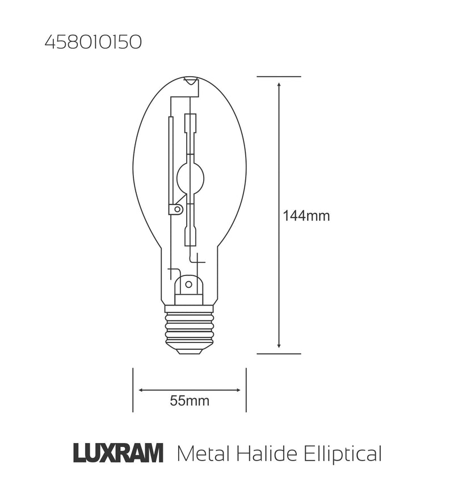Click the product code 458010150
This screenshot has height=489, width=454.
(93, 43)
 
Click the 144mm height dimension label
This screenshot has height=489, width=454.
(306, 216)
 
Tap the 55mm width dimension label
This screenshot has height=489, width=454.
(190, 401)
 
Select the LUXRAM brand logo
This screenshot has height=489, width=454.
(119, 453)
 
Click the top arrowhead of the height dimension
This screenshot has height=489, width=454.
(279, 85)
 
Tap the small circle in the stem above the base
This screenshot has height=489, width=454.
(188, 283)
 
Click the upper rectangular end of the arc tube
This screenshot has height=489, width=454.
(191, 123)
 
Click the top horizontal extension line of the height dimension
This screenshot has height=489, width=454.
(279, 76)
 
